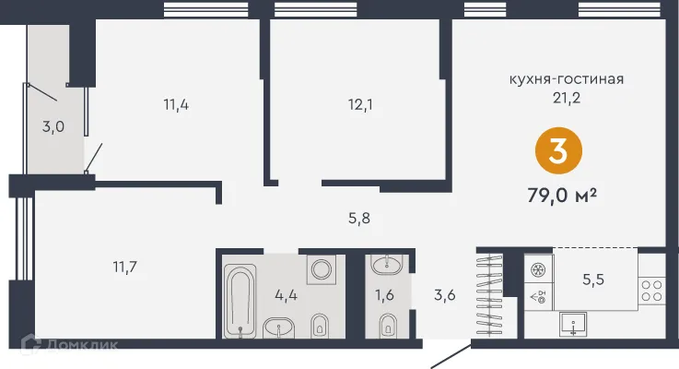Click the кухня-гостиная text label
(567, 78)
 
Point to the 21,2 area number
(567, 95)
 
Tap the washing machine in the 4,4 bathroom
(322, 269)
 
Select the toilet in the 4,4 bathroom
(322, 325)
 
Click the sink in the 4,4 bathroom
(278, 327)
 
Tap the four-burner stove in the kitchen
(651, 291)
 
